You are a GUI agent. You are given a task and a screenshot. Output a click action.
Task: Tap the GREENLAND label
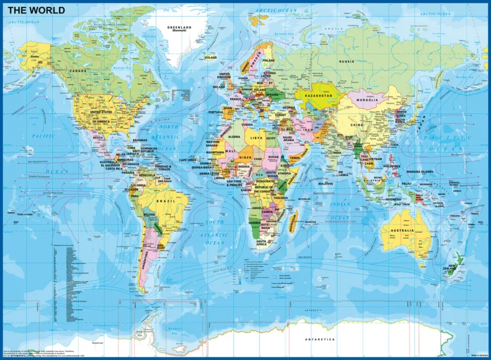180,27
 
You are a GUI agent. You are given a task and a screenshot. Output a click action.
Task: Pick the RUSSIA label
347,61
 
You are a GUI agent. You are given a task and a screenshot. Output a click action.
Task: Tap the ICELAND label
211,57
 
